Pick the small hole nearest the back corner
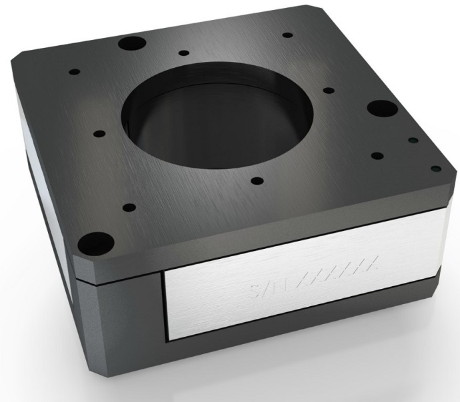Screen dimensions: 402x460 coord(287,35)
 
